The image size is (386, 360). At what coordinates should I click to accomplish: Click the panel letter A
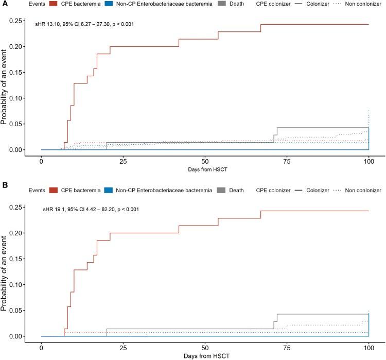[x=3, y=4]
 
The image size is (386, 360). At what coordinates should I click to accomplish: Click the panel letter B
[x=3, y=190]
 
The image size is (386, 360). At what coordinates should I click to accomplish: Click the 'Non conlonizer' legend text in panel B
[x=363, y=191]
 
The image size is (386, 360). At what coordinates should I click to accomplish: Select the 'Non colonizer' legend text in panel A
[x=363, y=4]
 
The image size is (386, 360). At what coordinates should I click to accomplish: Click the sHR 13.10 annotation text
[x=85, y=24]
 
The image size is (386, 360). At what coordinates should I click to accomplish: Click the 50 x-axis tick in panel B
[x=205, y=347]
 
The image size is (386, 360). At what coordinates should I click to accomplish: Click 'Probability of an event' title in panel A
[x=5, y=85]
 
